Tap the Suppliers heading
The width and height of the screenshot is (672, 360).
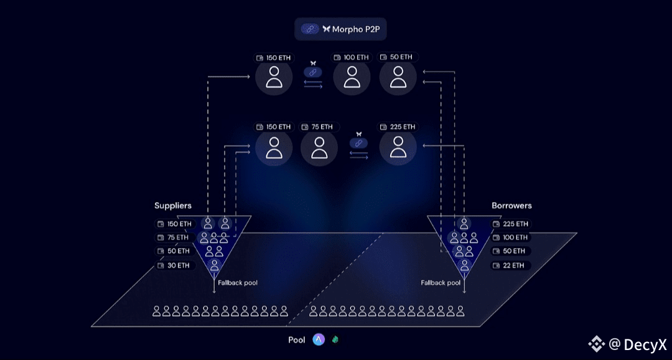tap(173, 205)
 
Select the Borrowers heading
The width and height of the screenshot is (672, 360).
tap(511, 205)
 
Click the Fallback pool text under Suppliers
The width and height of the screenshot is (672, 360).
tap(238, 283)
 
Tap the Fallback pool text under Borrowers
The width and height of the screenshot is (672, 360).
tap(441, 283)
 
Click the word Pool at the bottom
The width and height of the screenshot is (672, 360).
tap(297, 340)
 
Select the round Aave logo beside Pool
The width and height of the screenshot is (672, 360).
tap(319, 339)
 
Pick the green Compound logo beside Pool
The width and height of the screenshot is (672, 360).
tap(335, 339)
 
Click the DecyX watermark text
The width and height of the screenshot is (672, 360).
tap(645, 344)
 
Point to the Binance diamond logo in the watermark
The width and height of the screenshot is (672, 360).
tap(596, 343)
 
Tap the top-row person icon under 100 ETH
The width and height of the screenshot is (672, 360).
tap(352, 77)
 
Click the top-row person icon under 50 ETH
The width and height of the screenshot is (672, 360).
tap(398, 77)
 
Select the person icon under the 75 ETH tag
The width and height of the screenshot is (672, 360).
tap(319, 147)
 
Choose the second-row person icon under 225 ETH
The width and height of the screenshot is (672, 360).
tap(398, 147)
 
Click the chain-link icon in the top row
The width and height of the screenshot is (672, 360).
tap(313, 72)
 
